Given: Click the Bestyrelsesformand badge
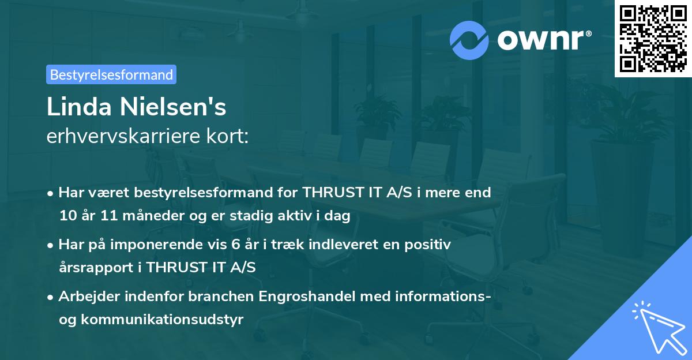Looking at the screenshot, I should click(111, 74).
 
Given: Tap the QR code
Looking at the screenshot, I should click(653, 39).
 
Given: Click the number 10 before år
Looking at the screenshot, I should click(68, 216).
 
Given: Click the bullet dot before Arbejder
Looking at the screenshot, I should click(52, 297).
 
